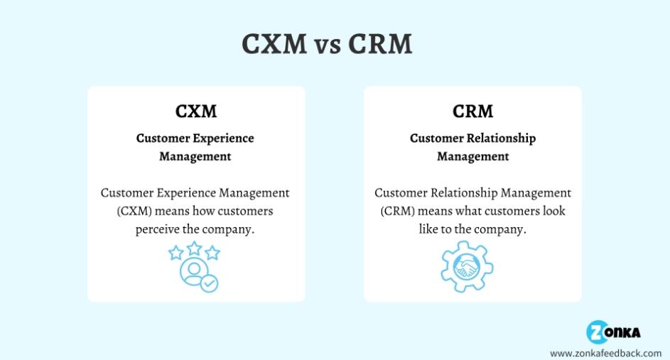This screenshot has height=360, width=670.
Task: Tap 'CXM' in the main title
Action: [274, 44]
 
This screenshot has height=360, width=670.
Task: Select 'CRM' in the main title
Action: [381, 44]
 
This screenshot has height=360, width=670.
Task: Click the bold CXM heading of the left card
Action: [196, 112]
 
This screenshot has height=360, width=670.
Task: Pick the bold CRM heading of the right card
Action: [472, 112]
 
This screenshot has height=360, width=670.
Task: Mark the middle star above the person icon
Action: [195, 248]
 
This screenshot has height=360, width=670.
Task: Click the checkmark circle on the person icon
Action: [209, 283]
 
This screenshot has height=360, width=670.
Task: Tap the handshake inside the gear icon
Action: [467, 268]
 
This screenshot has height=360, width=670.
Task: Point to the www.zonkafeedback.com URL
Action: [606, 352]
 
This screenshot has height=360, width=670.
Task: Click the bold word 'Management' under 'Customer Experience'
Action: [195, 156]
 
